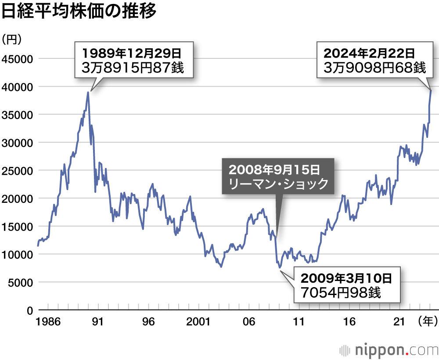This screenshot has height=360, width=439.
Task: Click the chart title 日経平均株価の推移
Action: pyautogui.click(x=79, y=12)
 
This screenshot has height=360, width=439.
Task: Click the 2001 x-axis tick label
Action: pyautogui.click(x=198, y=322)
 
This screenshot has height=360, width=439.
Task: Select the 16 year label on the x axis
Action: pyautogui.click(x=349, y=322)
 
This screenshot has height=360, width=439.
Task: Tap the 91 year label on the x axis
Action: pyautogui.click(x=97, y=322)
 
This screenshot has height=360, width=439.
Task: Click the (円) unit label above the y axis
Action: pyautogui.click(x=12, y=40)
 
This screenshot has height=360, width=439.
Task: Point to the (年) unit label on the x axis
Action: pyautogui.click(x=428, y=322)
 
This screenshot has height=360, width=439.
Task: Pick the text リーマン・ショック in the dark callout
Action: pyautogui.click(x=278, y=184)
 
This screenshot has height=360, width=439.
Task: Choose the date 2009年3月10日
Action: pyautogui.click(x=345, y=278)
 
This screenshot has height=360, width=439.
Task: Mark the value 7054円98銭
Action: pyautogui.click(x=340, y=292)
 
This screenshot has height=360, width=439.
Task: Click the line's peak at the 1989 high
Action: pyautogui.click(x=88, y=92)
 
